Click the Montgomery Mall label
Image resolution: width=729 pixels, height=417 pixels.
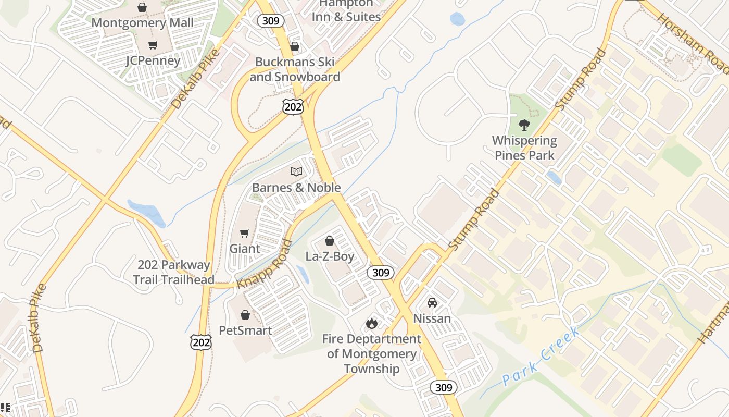pyautogui.click(x=142, y=23)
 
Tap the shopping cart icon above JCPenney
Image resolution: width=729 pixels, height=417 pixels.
pyautogui.click(x=153, y=45)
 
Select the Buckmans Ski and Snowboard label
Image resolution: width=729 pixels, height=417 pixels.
pyautogui.click(x=295, y=69)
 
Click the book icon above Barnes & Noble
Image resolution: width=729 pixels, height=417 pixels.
pyautogui.click(x=296, y=171)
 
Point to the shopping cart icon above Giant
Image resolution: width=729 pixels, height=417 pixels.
pyautogui.click(x=245, y=233)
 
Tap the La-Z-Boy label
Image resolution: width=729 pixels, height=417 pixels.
pyautogui.click(x=330, y=256)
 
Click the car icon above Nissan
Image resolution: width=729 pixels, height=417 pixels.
pyautogui.click(x=432, y=302)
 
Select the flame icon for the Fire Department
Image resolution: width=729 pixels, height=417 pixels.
pyautogui.click(x=371, y=324)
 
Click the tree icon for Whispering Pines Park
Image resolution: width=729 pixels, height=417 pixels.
pyautogui.click(x=524, y=125)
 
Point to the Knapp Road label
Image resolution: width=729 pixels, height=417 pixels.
pyautogui.click(x=265, y=264)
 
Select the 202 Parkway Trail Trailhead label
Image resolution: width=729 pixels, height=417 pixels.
pyautogui.click(x=173, y=272)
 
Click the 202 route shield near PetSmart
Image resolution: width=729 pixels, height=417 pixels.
pyautogui.click(x=201, y=342)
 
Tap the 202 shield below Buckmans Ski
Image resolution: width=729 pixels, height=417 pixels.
pyautogui.click(x=293, y=106)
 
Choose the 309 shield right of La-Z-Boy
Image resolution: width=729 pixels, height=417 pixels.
pyautogui.click(x=381, y=273)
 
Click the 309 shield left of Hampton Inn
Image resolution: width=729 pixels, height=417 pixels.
pyautogui.click(x=271, y=21)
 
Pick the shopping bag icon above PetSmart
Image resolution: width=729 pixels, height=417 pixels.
pyautogui.click(x=245, y=315)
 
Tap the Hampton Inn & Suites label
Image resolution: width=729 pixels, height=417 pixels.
pyautogui.click(x=346, y=10)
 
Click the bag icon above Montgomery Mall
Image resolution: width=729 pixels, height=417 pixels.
pyautogui.click(x=142, y=7)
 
